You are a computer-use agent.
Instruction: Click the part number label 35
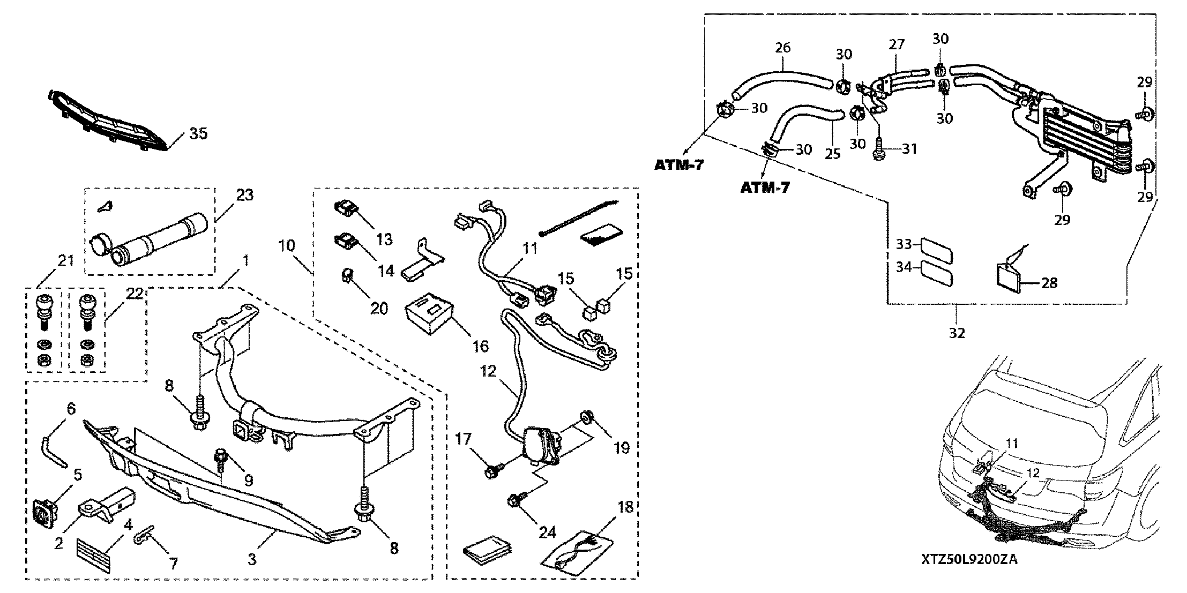point(198,133)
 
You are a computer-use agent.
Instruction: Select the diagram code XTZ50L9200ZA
point(969,560)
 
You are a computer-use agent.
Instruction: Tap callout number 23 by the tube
point(244,195)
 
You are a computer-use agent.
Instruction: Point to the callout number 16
point(481,346)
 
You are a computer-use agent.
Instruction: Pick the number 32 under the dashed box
point(957,333)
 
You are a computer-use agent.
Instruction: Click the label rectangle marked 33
point(937,250)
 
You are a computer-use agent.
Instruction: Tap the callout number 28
point(1049,282)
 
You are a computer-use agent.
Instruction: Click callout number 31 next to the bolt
point(909,148)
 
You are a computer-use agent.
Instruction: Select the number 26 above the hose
point(782,48)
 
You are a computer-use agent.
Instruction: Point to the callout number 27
point(896,44)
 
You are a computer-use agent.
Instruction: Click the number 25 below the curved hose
point(832,154)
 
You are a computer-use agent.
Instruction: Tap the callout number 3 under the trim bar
point(252,559)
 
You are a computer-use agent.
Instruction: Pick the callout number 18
point(625,507)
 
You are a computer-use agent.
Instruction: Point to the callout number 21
point(65,261)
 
